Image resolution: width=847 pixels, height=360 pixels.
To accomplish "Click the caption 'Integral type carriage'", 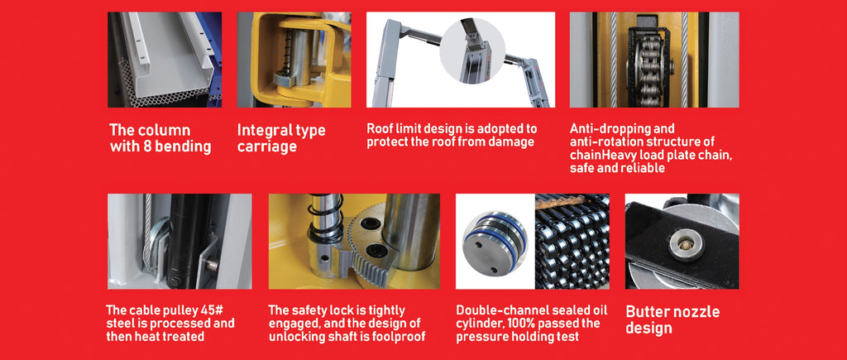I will pos(281,138).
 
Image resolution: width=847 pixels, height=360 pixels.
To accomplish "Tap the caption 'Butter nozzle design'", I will pos(672,319).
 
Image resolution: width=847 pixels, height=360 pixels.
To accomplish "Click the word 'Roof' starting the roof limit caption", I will pos(381,129).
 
